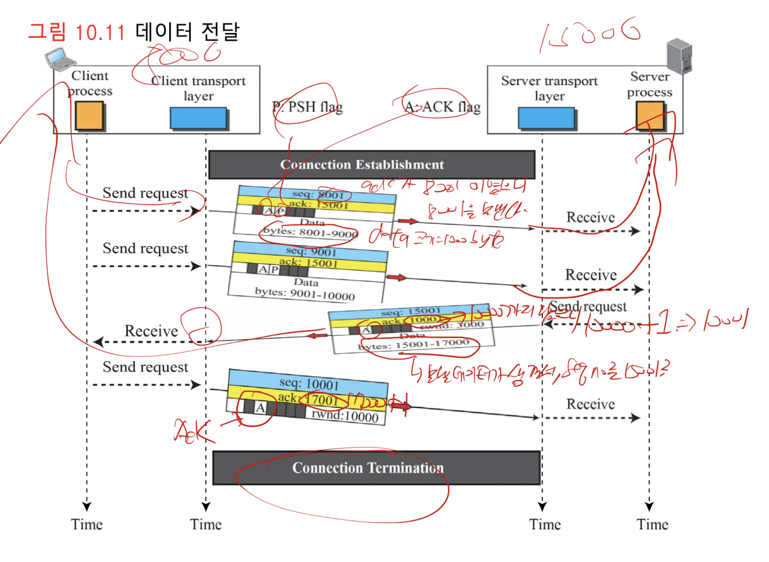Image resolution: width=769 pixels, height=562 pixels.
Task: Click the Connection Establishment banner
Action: pyautogui.click(x=371, y=164)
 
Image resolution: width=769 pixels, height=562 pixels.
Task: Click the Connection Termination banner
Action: pyautogui.click(x=376, y=468)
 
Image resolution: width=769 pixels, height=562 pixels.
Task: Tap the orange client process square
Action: pyautogui.click(x=89, y=116)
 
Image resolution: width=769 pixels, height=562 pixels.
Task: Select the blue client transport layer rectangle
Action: pyautogui.click(x=198, y=118)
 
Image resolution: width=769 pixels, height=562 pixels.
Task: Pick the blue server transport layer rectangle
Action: pyautogui.click(x=546, y=118)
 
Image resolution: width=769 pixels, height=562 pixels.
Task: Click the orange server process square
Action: pyautogui.click(x=650, y=115)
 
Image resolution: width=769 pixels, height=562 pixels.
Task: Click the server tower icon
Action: pyautogui.click(x=679, y=56)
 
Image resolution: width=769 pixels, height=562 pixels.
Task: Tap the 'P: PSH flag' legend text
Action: pyautogui.click(x=307, y=107)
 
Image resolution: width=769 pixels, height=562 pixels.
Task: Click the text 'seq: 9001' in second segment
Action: pyautogui.click(x=311, y=251)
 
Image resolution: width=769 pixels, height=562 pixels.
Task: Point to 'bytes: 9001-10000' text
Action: pyautogui.click(x=304, y=293)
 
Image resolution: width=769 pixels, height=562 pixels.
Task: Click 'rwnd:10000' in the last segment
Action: pyautogui.click(x=345, y=416)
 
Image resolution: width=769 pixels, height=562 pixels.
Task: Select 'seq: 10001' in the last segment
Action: pyautogui.click(x=309, y=384)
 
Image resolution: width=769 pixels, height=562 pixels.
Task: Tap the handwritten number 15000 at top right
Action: pyautogui.click(x=589, y=35)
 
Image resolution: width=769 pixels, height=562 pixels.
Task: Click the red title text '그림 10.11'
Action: pyautogui.click(x=76, y=32)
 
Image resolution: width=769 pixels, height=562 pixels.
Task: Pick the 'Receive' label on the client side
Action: pyautogui.click(x=151, y=331)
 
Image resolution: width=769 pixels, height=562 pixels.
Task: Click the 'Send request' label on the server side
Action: pyautogui.click(x=587, y=306)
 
